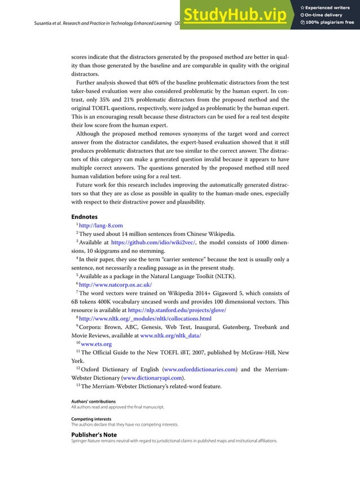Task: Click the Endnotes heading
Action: point(84,216)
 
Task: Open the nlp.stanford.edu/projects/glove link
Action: point(177,310)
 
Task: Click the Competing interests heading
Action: point(91,419)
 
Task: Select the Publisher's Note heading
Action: point(94,435)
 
